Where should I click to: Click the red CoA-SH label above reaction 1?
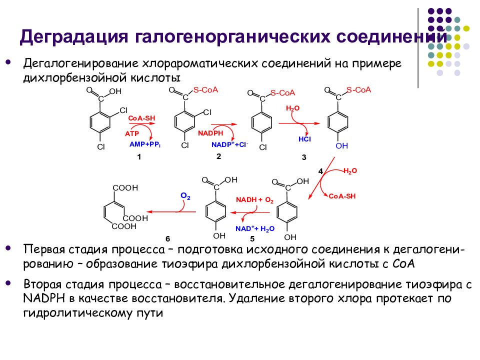pyautogui.click(x=141, y=118)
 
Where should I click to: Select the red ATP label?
pyautogui.click(x=132, y=134)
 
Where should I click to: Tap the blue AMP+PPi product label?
pyautogui.click(x=145, y=144)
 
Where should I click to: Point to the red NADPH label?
pyautogui.click(x=210, y=133)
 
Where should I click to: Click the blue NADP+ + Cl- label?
pyautogui.click(x=230, y=144)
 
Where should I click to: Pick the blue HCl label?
pyautogui.click(x=304, y=139)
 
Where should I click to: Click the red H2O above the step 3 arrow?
pyautogui.click(x=292, y=108)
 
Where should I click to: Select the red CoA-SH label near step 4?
pyautogui.click(x=342, y=196)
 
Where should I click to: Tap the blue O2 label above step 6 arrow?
pyautogui.click(x=185, y=196)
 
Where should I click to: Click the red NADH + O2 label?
pyautogui.click(x=254, y=200)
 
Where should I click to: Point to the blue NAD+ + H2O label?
pyautogui.click(x=255, y=228)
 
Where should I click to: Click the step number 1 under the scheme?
pyautogui.click(x=139, y=157)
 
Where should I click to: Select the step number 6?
pyautogui.click(x=168, y=239)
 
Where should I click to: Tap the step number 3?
pyautogui.click(x=304, y=157)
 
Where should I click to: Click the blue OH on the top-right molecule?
pyautogui.click(x=341, y=145)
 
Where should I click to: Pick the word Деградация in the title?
pyautogui.click(x=74, y=36)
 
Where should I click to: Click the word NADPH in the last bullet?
pyautogui.click(x=44, y=298)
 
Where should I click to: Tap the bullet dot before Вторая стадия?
pyautogui.click(x=8, y=283)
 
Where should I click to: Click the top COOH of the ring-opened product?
pyautogui.click(x=125, y=187)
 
